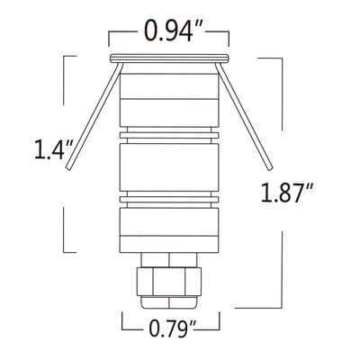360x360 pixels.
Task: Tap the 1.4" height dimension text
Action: [x=49, y=149]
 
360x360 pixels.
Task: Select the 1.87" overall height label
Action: [x=286, y=193]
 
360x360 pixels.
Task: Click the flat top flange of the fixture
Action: [x=168, y=60]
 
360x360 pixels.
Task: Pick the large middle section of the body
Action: [x=167, y=166]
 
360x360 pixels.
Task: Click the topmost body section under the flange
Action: [x=167, y=94]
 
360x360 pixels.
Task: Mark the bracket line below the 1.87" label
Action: [x=282, y=270]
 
